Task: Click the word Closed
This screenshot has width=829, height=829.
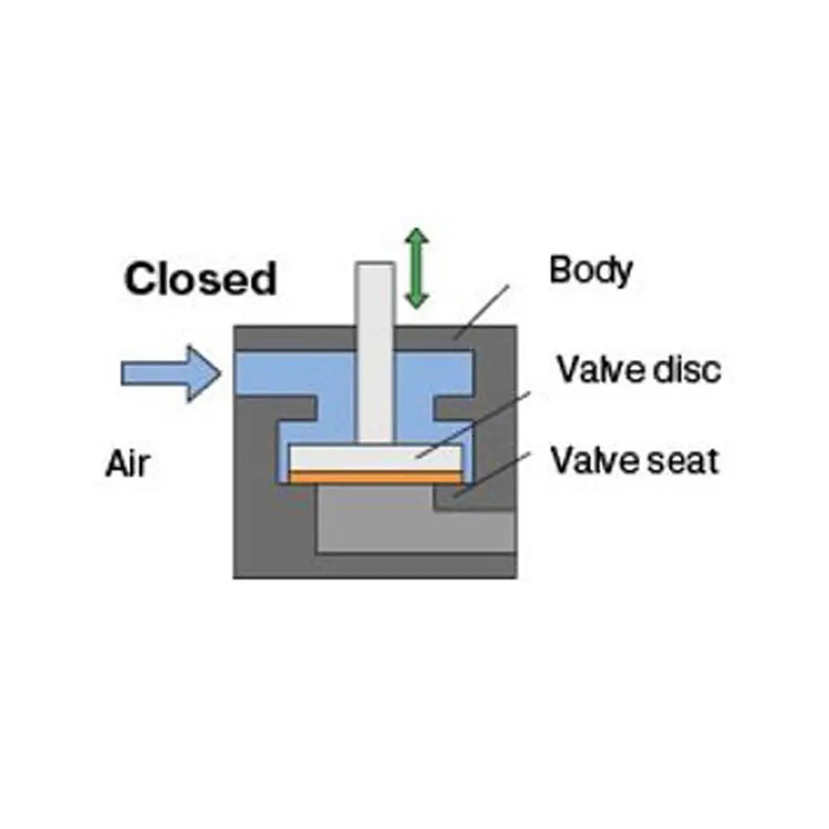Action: (x=200, y=279)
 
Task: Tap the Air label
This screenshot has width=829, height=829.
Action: (x=128, y=463)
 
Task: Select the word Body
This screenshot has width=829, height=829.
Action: (x=590, y=271)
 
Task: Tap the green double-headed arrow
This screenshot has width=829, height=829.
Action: (x=416, y=269)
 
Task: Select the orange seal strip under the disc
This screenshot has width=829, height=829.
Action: (x=373, y=478)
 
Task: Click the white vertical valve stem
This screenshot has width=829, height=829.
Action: (x=375, y=356)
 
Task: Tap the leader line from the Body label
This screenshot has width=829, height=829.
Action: (x=481, y=311)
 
